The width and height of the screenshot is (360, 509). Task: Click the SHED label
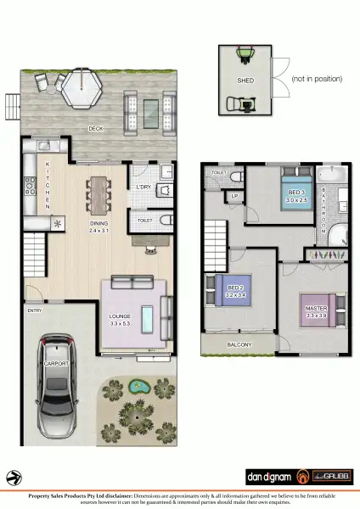246,82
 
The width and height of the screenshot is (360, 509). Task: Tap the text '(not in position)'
317,79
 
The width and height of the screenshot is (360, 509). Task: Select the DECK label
97,129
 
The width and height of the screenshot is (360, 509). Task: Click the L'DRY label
143,187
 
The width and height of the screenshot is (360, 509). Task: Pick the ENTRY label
34,310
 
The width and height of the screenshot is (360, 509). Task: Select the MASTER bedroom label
316,310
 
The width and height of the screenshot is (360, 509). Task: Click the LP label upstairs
234,196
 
